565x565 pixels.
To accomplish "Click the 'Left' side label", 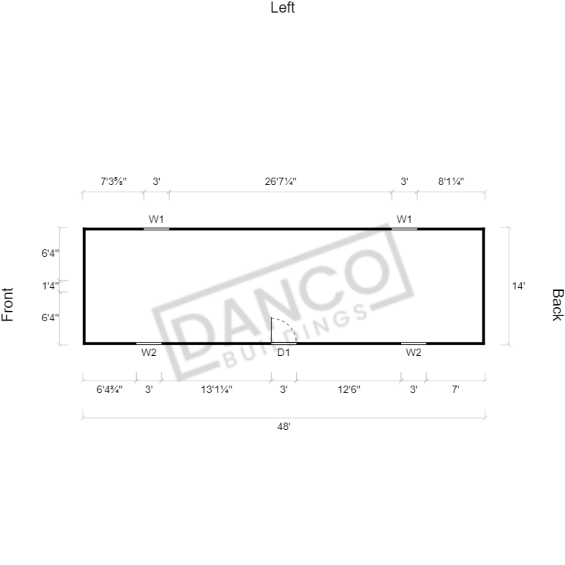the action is click(x=283, y=8).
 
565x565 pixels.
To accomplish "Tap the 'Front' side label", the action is click(x=8, y=304).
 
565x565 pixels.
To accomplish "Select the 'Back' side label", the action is click(x=557, y=304).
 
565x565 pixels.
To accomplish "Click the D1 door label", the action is click(x=284, y=353).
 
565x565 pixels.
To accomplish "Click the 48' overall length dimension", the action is click(x=284, y=426).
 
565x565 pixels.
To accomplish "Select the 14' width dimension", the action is click(x=518, y=286).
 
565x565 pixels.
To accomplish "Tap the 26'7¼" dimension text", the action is click(x=280, y=181).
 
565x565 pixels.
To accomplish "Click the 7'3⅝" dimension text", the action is click(x=114, y=181).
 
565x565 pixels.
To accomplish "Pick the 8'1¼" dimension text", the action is click(x=451, y=181).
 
